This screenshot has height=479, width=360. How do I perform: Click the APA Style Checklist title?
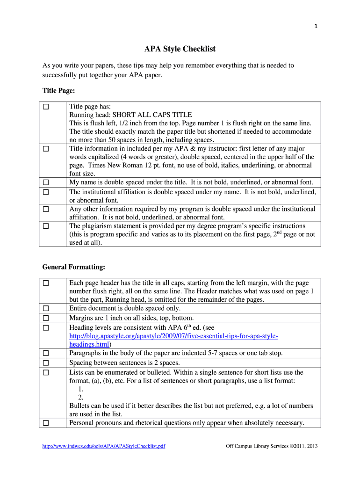click(180, 49)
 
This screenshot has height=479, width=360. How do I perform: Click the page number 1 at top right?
click(317, 27)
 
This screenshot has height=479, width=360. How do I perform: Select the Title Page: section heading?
click(58, 90)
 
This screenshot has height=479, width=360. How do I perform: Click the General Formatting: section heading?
click(73, 267)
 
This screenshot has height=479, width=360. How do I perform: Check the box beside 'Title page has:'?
click(46, 107)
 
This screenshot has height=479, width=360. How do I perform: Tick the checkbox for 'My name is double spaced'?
click(46, 182)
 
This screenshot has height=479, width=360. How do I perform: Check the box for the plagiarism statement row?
click(46, 226)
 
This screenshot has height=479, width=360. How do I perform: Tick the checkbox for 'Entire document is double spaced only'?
click(46, 309)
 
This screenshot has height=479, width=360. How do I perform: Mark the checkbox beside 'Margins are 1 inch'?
click(46, 319)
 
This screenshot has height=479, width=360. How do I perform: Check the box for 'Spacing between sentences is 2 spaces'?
click(46, 363)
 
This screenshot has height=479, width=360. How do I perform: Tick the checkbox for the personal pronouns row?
click(46, 423)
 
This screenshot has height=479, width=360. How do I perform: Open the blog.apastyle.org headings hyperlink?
click(173, 337)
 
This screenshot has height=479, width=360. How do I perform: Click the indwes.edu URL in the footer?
click(104, 446)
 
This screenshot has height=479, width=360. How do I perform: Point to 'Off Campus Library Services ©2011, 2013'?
click(272, 446)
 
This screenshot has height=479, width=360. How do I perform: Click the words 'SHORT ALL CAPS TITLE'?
click(152, 115)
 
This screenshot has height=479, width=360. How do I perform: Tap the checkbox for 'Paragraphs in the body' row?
click(46, 353)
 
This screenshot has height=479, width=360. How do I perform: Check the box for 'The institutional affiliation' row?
click(46, 192)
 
